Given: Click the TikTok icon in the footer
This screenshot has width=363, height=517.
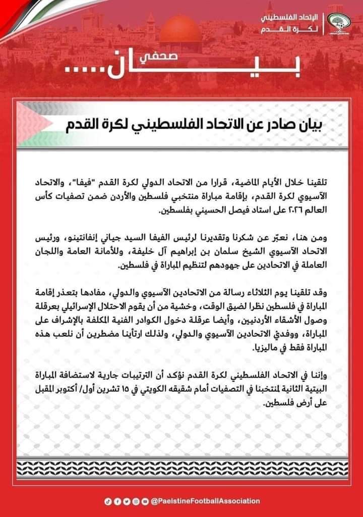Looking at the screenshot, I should [106, 501].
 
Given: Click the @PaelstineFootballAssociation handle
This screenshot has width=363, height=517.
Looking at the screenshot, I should [205, 501].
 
